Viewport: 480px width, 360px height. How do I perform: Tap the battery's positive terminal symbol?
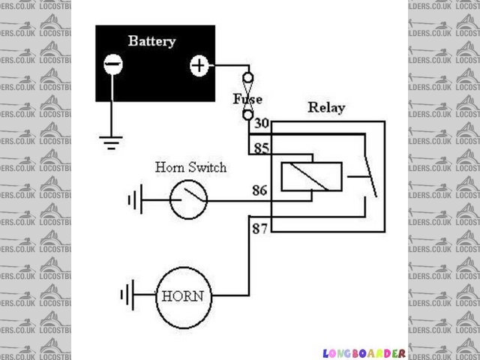[198, 66]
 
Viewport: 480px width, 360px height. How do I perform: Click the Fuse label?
[247, 99]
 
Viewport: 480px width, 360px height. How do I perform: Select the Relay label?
[326, 108]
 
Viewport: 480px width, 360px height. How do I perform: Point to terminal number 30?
[261, 124]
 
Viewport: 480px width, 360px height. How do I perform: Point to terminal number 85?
[261, 148]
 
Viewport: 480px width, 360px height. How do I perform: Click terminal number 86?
[260, 190]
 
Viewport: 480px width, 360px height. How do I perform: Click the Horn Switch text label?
[190, 167]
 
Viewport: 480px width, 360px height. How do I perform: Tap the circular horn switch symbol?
[187, 199]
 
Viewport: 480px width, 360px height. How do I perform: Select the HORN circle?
[182, 295]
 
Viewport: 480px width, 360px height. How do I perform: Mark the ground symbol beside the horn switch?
[135, 200]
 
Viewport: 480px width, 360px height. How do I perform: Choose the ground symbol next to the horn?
[127, 294]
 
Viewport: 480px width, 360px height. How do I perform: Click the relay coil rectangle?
[312, 178]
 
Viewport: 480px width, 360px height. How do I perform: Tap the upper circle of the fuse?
[247, 78]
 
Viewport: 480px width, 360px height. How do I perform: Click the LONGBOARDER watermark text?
[364, 352]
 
